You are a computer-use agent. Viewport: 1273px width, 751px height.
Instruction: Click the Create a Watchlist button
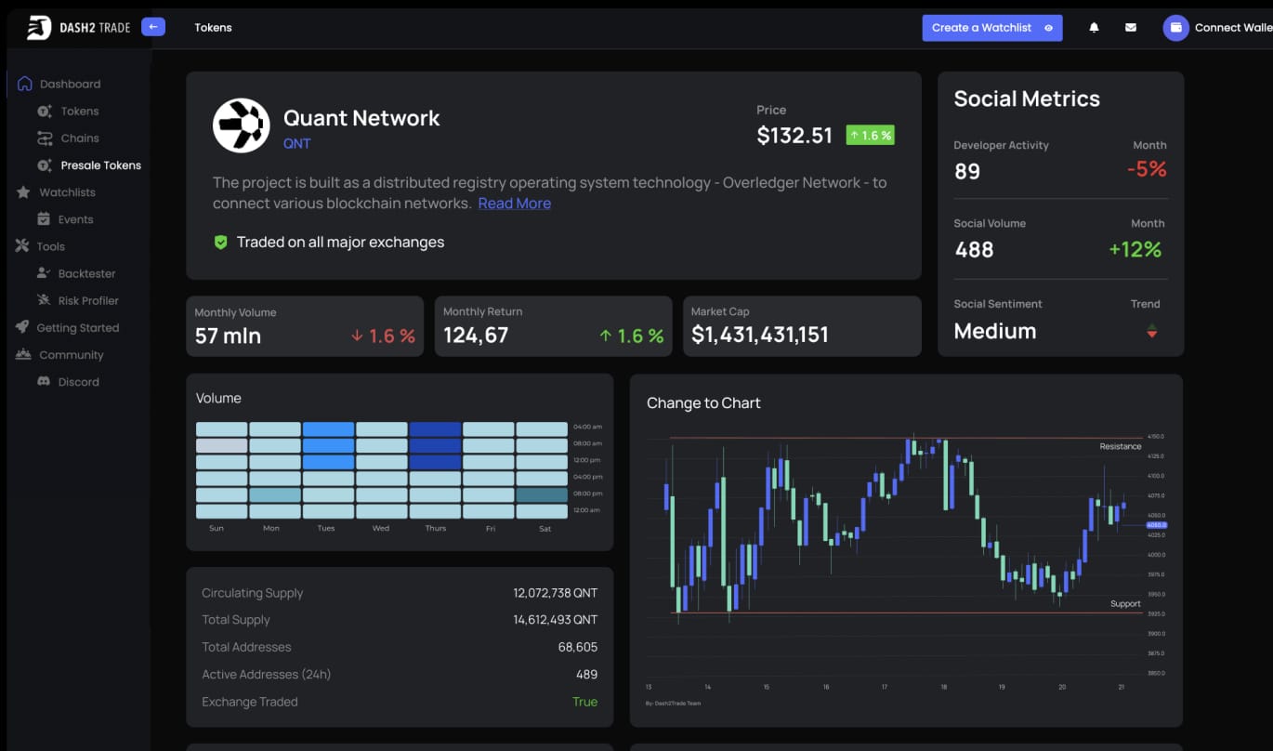pyautogui.click(x=991, y=28)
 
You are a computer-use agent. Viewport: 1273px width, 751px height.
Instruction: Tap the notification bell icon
pyautogui.click(x=1094, y=28)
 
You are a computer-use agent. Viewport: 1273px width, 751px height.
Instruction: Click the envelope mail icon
pyautogui.click(x=1130, y=28)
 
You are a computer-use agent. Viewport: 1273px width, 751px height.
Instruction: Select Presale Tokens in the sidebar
pyautogui.click(x=100, y=165)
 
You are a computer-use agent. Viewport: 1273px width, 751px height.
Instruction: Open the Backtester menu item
pyautogui.click(x=86, y=273)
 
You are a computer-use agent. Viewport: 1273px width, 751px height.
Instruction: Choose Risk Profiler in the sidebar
pyautogui.click(x=88, y=300)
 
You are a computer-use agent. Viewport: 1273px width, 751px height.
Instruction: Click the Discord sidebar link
pyautogui.click(x=78, y=382)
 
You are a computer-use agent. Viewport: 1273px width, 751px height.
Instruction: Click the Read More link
pyautogui.click(x=514, y=204)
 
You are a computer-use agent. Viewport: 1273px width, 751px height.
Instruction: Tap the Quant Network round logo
pyautogui.click(x=241, y=125)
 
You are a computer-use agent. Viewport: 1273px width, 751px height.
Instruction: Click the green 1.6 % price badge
pyautogui.click(x=870, y=136)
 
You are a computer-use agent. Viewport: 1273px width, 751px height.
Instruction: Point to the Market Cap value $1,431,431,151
pyautogui.click(x=759, y=336)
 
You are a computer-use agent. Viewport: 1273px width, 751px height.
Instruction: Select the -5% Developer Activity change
pyautogui.click(x=1146, y=169)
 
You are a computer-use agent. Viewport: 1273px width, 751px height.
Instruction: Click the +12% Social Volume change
pyautogui.click(x=1135, y=249)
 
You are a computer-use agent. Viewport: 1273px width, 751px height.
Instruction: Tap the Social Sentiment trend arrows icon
pyautogui.click(x=1151, y=331)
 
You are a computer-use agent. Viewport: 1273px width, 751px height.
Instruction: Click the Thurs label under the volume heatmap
pyautogui.click(x=435, y=529)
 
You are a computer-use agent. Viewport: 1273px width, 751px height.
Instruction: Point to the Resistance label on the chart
pyautogui.click(x=1120, y=447)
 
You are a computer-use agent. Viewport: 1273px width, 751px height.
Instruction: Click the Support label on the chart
pyautogui.click(x=1124, y=604)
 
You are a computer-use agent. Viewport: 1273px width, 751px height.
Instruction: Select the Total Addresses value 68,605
pyautogui.click(x=577, y=647)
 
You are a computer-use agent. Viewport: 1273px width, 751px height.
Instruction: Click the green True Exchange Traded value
pyautogui.click(x=584, y=702)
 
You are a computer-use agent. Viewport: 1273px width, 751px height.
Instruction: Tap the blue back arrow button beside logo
pyautogui.click(x=153, y=27)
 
